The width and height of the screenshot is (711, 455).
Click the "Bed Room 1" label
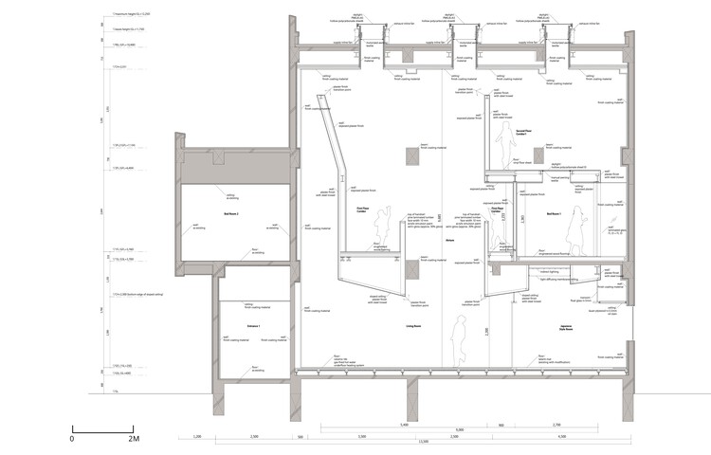pyautogui.click(x=554, y=215)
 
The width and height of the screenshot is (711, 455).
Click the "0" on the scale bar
pyautogui.click(x=72, y=440)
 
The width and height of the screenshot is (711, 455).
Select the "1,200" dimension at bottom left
pyautogui.click(x=197, y=436)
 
